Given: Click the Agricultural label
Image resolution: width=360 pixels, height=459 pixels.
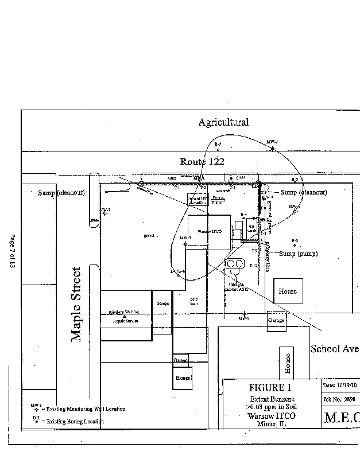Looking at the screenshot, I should pos(223,122).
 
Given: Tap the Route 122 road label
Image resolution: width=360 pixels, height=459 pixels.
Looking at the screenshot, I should pos(202,161).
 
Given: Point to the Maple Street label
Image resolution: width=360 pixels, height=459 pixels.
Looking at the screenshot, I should pos(77,304).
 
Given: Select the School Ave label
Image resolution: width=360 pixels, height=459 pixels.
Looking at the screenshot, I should pos(335,349).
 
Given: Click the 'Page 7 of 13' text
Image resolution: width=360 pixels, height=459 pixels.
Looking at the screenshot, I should pos(12,252).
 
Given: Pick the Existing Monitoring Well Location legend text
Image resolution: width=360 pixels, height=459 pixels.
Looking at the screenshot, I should pos(83,409).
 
